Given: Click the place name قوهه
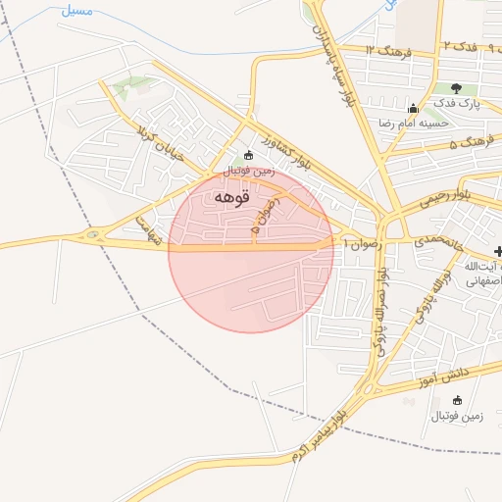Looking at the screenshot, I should tap(231, 197).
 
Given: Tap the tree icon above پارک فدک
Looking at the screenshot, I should tap(456, 88).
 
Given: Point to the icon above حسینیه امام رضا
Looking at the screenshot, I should tap(413, 109).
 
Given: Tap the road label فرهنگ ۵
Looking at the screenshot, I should tap(472, 144).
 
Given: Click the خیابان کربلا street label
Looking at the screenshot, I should tap(166, 139).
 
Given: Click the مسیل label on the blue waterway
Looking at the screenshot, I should tap(76, 10).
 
